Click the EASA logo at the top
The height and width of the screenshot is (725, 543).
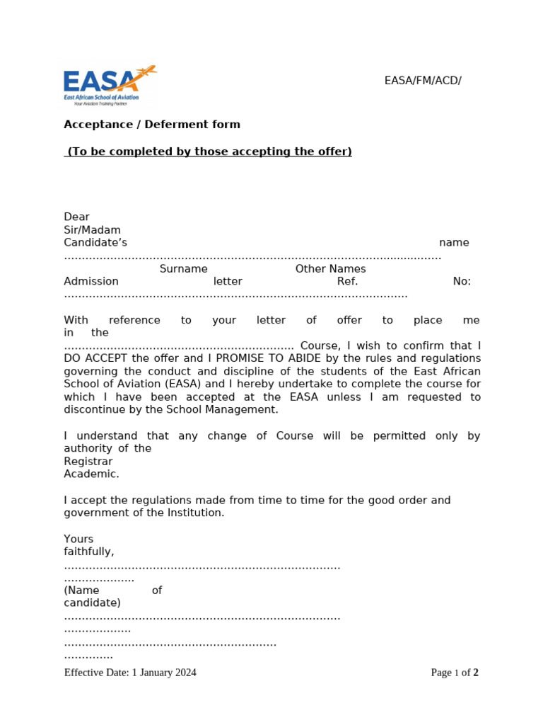click(x=110, y=85)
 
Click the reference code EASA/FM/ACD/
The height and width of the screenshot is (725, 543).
click(x=423, y=80)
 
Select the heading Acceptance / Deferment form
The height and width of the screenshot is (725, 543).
click(x=152, y=125)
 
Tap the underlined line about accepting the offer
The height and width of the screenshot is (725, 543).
click(x=209, y=152)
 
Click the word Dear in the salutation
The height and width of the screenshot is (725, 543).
click(x=76, y=217)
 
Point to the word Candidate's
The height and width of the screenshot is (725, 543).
click(x=95, y=243)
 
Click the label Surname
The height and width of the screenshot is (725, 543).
click(x=183, y=269)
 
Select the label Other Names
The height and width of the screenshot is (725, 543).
click(x=330, y=269)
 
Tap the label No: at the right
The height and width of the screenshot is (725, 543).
click(x=461, y=282)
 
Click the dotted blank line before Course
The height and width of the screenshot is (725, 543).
click(x=178, y=347)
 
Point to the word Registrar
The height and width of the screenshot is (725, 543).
click(x=88, y=462)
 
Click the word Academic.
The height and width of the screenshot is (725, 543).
click(x=91, y=474)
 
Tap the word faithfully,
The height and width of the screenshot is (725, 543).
click(x=88, y=552)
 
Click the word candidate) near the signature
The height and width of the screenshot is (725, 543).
click(x=92, y=603)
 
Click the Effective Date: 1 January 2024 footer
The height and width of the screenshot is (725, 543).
click(x=130, y=673)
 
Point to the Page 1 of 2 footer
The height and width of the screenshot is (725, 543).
click(x=455, y=673)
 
